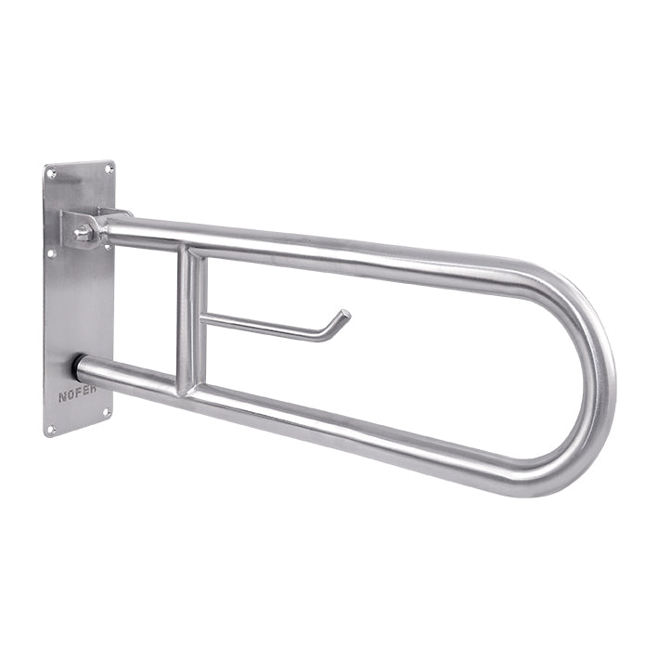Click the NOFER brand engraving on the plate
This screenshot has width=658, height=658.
pyautogui.click(x=77, y=394)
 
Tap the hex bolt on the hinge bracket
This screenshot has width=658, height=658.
pyautogui.click(x=83, y=233)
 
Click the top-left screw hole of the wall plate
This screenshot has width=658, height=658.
pyautogui.click(x=52, y=173)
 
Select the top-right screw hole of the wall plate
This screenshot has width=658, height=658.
pyautogui.click(x=109, y=169)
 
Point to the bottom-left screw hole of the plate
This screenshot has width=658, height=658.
pyautogui.click(x=51, y=430)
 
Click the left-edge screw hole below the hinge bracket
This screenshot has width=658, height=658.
pyautogui.click(x=51, y=253)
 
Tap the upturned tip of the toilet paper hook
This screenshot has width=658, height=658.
pyautogui.click(x=345, y=314)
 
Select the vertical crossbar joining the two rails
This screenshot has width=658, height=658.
pyautogui.click(x=191, y=320)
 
